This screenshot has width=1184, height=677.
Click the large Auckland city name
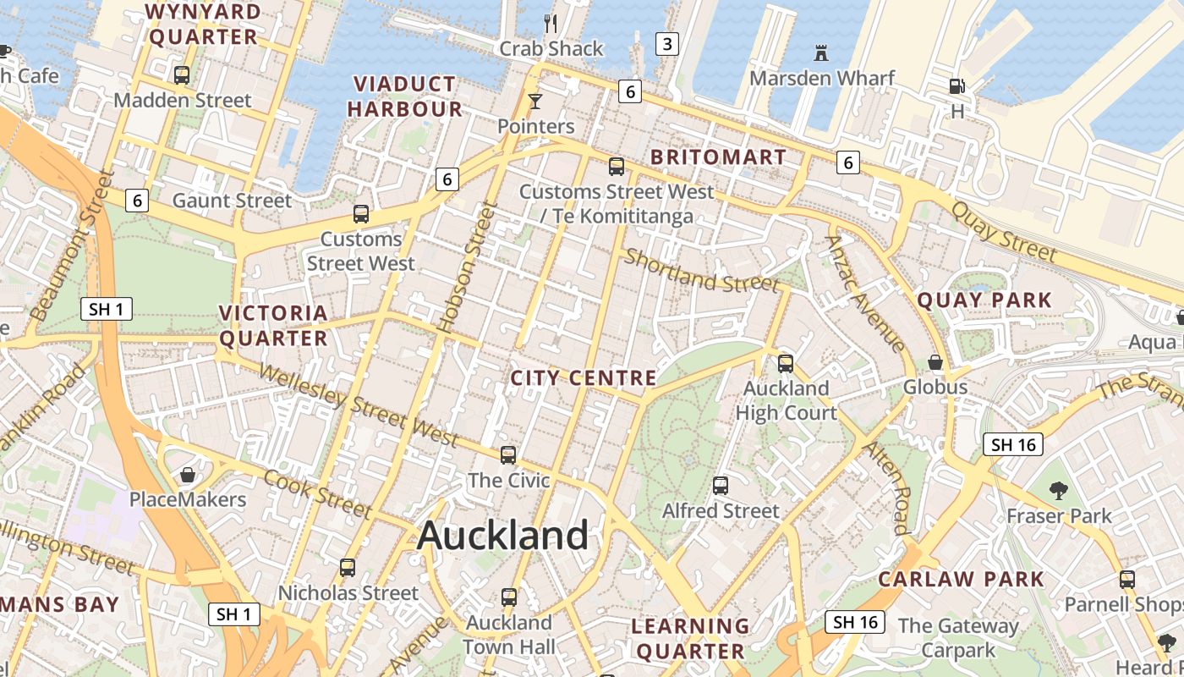point(502,536)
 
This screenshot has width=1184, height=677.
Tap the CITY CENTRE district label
point(584,377)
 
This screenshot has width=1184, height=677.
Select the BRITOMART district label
point(718,157)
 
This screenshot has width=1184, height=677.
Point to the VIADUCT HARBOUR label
point(404,96)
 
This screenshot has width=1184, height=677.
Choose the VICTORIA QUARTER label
point(273,326)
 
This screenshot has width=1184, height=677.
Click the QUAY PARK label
point(984,300)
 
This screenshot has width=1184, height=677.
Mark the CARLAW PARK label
point(961,580)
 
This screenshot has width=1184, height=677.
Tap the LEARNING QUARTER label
point(691,639)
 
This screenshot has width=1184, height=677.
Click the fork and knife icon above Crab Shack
point(551,23)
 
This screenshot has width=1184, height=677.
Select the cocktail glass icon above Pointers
point(534,102)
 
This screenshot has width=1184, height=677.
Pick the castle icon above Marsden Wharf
point(820,53)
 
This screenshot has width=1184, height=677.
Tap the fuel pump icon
point(957,85)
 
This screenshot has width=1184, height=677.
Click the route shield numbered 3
point(667,44)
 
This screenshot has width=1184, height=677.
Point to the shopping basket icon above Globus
point(935,362)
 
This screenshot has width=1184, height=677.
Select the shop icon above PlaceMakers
point(188,475)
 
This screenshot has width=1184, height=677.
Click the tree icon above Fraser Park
point(1058,490)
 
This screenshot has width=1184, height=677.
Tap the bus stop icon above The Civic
point(508,455)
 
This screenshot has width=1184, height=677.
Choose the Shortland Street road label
point(701,271)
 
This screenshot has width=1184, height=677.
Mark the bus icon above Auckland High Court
point(786,364)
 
